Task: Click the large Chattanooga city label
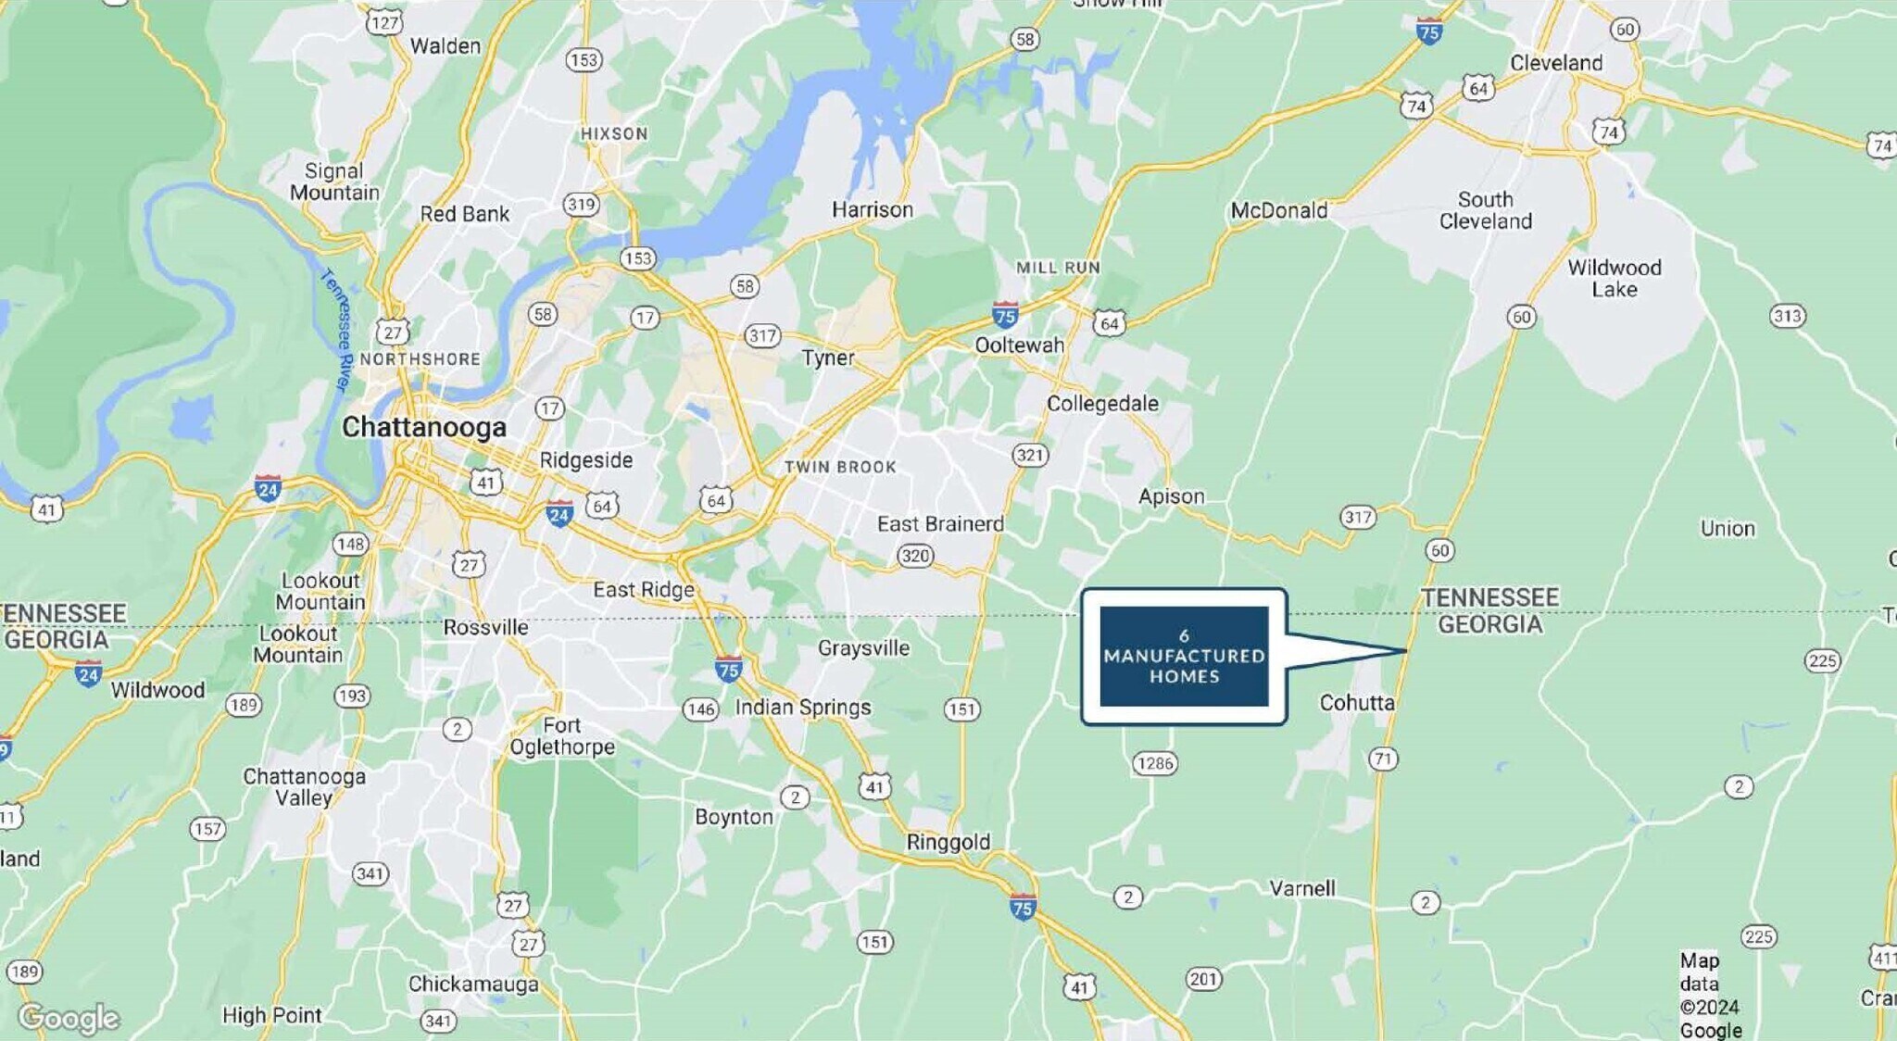pyautogui.click(x=424, y=427)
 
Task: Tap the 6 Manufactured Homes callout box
pyautogui.click(x=1184, y=656)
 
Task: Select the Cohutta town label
pyautogui.click(x=1356, y=703)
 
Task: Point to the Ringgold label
pyautogui.click(x=948, y=842)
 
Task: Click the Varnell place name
pyautogui.click(x=1301, y=888)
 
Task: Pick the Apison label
pyautogui.click(x=1171, y=496)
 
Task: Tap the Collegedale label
pyautogui.click(x=1102, y=404)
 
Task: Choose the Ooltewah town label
pyautogui.click(x=1019, y=345)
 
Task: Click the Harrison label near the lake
pyautogui.click(x=872, y=210)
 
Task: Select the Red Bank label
pyautogui.click(x=464, y=214)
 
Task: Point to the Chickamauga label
pyautogui.click(x=473, y=984)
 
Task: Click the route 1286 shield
pyautogui.click(x=1154, y=763)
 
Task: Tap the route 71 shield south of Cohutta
pyautogui.click(x=1383, y=759)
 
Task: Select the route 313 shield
pyautogui.click(x=1787, y=316)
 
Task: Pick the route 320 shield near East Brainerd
pyautogui.click(x=915, y=556)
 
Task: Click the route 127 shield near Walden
pyautogui.click(x=384, y=22)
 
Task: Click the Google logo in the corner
pyautogui.click(x=69, y=1018)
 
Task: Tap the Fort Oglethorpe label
pyautogui.click(x=562, y=736)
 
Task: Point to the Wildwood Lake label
pyautogui.click(x=1614, y=279)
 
